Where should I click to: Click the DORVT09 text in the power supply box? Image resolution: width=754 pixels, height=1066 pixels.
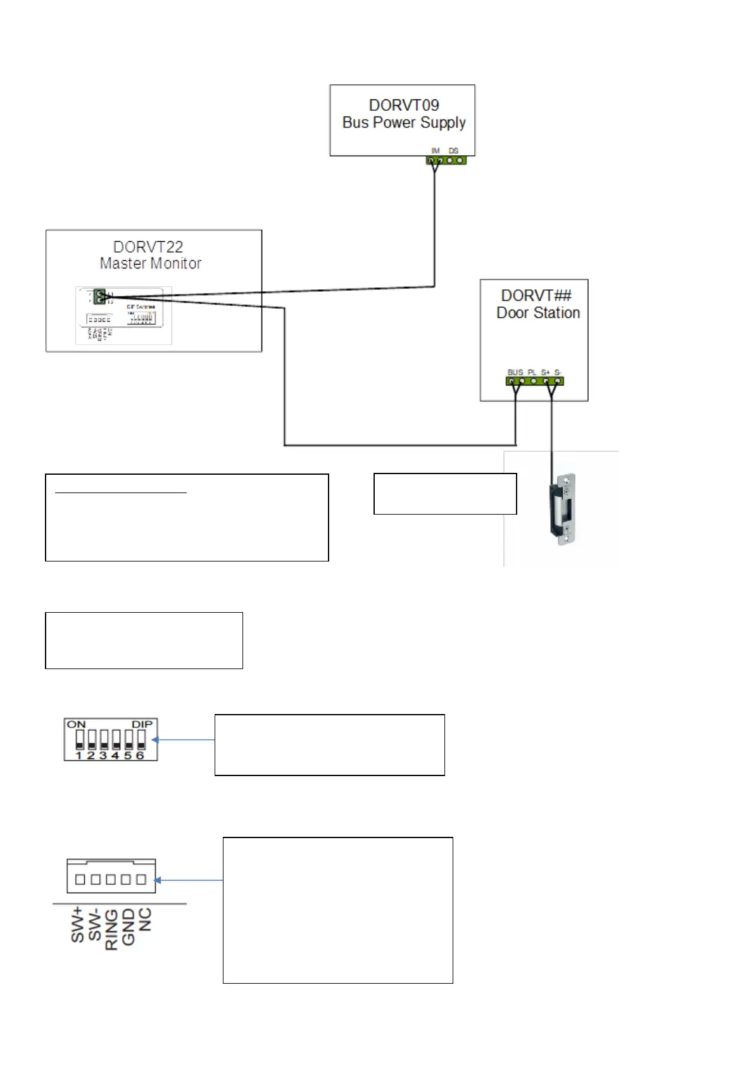404,105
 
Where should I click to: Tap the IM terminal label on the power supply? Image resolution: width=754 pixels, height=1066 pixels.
436,151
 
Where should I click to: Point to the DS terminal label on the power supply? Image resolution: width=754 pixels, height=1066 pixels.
453,151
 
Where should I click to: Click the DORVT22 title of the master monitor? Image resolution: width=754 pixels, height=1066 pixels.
148,247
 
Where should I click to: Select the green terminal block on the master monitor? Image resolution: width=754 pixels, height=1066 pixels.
99,296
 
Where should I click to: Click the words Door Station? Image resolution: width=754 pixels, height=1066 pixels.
538,313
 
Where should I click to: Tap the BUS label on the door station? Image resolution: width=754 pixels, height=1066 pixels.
515,372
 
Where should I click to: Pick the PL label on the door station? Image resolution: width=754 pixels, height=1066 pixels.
532,372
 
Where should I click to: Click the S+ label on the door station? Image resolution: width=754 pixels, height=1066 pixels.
545,372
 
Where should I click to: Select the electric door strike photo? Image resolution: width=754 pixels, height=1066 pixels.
563,509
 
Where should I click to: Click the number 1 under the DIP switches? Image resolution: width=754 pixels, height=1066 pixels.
79,755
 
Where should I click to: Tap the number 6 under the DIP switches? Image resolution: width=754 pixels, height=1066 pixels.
141,755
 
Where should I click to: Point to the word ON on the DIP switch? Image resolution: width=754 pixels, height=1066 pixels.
76,724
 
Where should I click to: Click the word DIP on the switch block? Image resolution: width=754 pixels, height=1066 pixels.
142,724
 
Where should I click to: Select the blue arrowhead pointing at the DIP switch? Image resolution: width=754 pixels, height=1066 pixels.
155,739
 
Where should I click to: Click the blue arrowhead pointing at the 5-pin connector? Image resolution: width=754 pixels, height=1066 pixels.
158,880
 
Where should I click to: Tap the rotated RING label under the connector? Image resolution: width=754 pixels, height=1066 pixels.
111,929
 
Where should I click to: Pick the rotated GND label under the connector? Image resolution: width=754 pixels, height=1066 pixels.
129,926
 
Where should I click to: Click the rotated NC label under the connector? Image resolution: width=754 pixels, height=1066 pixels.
145,919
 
